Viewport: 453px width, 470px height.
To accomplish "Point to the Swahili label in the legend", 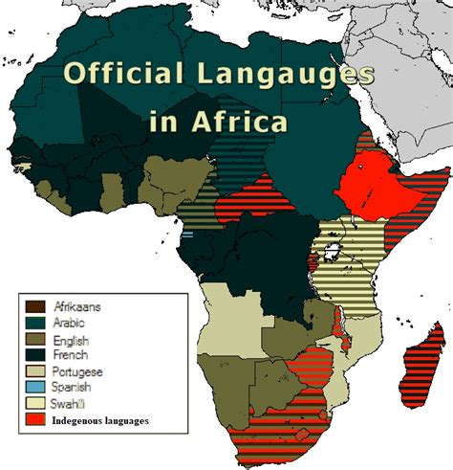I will tap(71, 403).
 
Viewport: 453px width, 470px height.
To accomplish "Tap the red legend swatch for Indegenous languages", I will tap(34, 419).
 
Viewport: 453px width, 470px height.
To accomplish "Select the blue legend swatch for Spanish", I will tap(34, 387).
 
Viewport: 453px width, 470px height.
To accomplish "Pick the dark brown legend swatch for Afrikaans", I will tap(34, 305).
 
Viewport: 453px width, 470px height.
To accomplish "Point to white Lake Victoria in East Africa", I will tap(335, 253).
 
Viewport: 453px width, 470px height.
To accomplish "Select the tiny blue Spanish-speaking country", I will tap(187, 235).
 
